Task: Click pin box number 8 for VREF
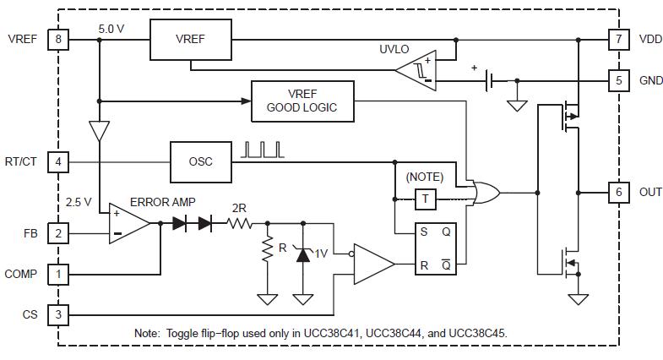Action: pyautogui.click(x=58, y=40)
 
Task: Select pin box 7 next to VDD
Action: pyautogui.click(x=618, y=40)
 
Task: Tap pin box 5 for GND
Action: pyautogui.click(x=618, y=80)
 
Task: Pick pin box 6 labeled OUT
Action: pyautogui.click(x=618, y=192)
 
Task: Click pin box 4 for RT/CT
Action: pyautogui.click(x=58, y=161)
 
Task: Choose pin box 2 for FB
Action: pyautogui.click(x=58, y=233)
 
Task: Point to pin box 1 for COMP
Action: pyautogui.click(x=58, y=274)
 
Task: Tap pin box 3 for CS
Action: pyautogui.click(x=58, y=314)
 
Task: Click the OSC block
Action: pyautogui.click(x=201, y=161)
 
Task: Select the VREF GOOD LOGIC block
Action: pyautogui.click(x=302, y=101)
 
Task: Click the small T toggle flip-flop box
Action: pyautogui.click(x=426, y=199)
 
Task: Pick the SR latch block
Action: pyautogui.click(x=436, y=248)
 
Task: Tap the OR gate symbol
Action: pyautogui.click(x=486, y=193)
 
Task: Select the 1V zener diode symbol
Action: pyautogui.click(x=302, y=254)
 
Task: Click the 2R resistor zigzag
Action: pyautogui.click(x=240, y=223)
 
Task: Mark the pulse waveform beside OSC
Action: pyautogui.click(x=262, y=150)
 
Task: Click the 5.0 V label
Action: pyautogui.click(x=111, y=30)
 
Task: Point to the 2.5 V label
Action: pyautogui.click(x=79, y=202)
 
